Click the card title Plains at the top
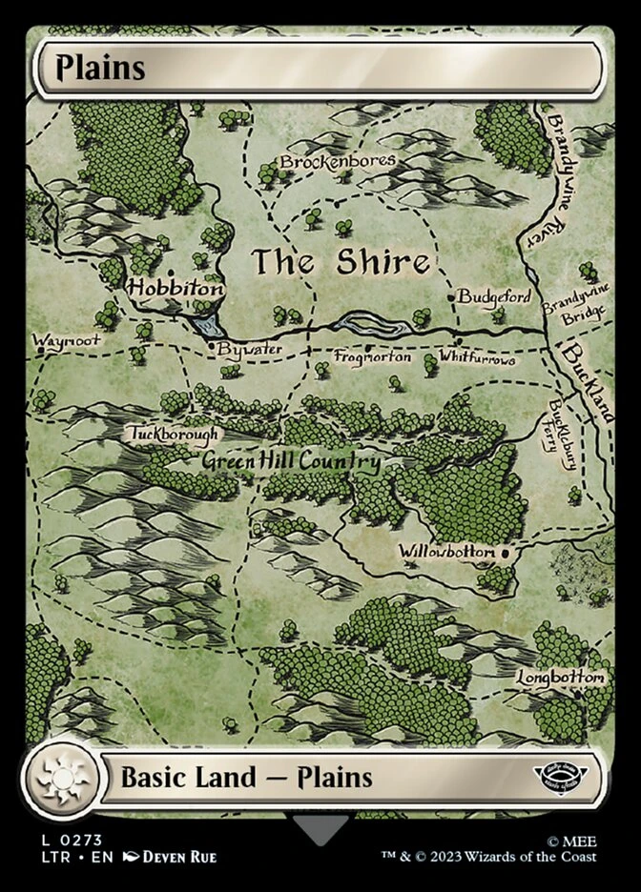[100, 69]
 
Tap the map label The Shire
[340, 262]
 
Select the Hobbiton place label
[176, 287]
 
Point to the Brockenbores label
[338, 161]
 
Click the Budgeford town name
[493, 297]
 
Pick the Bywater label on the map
[249, 350]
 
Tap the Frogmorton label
[372, 357]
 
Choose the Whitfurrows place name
[477, 359]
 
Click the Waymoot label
[66, 340]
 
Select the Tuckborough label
[173, 434]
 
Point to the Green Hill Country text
[291, 462]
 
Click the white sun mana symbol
[61, 777]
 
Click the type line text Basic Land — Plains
[246, 777]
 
